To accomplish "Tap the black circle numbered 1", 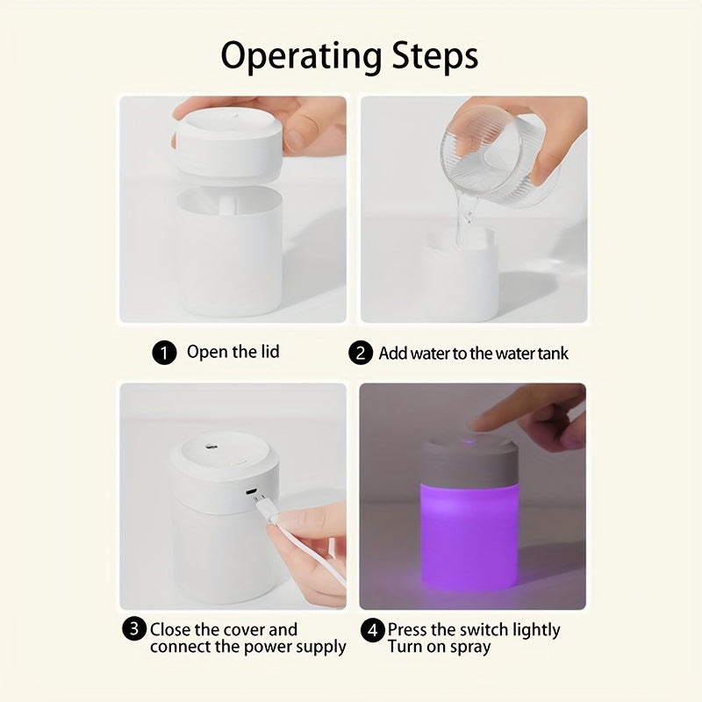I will [163, 354].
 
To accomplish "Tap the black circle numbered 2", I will [361, 354].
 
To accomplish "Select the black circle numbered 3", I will [134, 628].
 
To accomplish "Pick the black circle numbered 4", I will [373, 629].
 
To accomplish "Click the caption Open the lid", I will [233, 352].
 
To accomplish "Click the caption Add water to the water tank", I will [474, 354].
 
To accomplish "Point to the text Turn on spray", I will [440, 647].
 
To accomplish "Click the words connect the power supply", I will [248, 647].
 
